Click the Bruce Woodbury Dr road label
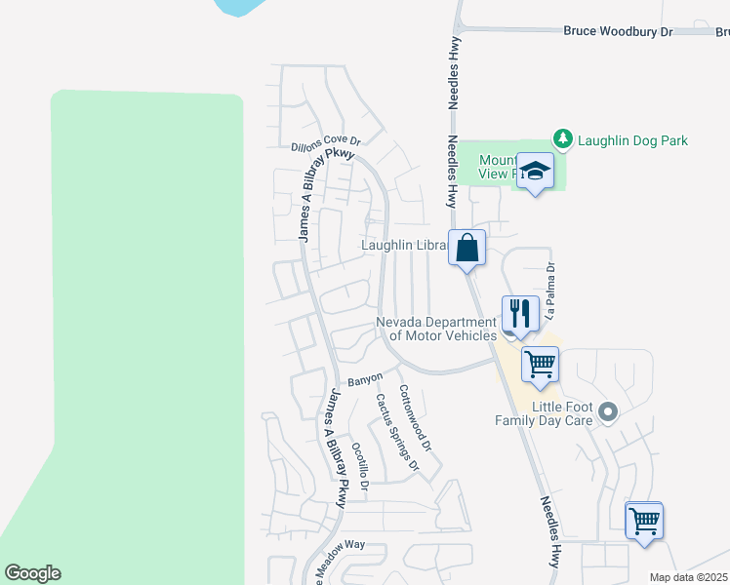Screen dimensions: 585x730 [x=619, y=31]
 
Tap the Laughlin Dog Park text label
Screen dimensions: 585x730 [x=632, y=140]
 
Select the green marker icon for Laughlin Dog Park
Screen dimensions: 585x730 [x=562, y=139]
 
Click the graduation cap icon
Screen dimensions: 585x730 [x=535, y=172]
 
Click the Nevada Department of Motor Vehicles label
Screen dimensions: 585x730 [x=437, y=329]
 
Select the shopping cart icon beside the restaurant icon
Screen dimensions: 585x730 [x=540, y=365]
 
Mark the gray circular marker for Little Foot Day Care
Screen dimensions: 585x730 [x=609, y=412]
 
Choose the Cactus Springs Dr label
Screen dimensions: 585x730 [x=398, y=431]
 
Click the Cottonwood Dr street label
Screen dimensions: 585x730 [x=417, y=419]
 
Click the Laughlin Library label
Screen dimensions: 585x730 [x=404, y=246]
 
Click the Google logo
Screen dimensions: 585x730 [x=32, y=573]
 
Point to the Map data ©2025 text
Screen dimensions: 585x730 [x=688, y=577]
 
